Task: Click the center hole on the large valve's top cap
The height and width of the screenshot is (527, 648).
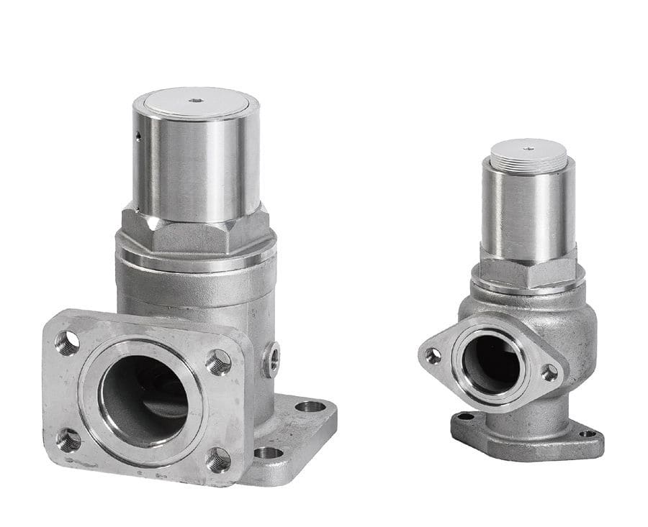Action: coord(196,101)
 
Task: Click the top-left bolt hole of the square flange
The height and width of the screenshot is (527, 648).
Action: coord(67,343)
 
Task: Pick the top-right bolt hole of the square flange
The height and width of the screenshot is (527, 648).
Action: coord(219,361)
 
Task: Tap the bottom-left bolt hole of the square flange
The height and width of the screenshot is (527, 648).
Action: coord(68,439)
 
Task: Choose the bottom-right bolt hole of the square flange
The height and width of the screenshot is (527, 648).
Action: coord(219,459)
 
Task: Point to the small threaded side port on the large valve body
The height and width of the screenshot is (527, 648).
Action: coord(271,358)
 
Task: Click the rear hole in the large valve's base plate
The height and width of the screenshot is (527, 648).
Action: coord(310,406)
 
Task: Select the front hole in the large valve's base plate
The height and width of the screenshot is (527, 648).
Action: coord(268,452)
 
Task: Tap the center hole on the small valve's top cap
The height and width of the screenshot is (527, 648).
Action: coord(528,149)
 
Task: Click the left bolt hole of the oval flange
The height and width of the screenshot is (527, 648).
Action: coord(433,355)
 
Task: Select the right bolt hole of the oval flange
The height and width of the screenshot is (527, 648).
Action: coord(549,372)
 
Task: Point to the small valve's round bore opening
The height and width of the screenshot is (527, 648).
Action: coord(491,363)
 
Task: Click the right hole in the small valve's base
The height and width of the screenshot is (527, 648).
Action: coord(588,434)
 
